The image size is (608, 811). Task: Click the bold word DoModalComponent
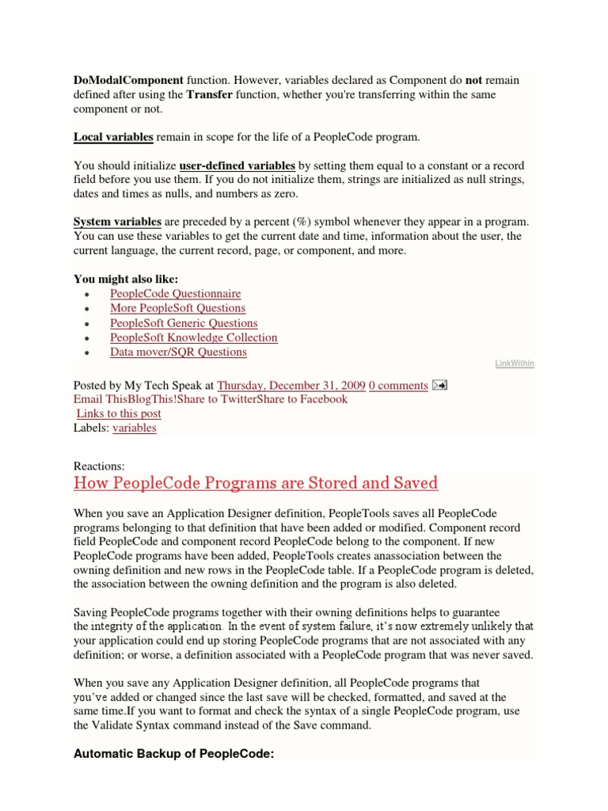click(x=128, y=80)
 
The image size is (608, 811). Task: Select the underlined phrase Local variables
click(x=113, y=137)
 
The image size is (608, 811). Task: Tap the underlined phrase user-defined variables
click(x=237, y=166)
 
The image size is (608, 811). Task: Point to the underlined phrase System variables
click(x=117, y=222)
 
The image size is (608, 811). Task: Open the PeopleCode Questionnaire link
click(x=176, y=293)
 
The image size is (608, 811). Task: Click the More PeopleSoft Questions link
click(x=178, y=308)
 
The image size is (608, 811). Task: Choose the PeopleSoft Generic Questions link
click(x=184, y=323)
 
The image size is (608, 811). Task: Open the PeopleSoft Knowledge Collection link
click(x=194, y=337)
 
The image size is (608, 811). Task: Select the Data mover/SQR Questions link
click(x=178, y=352)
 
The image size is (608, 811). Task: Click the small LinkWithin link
click(x=515, y=364)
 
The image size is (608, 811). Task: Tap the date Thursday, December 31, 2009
click(x=291, y=386)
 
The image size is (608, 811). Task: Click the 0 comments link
click(x=398, y=386)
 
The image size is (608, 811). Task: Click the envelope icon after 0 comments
click(x=441, y=386)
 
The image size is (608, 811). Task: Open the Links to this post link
click(x=119, y=413)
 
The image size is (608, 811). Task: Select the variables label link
click(x=135, y=428)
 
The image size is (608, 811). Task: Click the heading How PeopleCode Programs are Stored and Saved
click(x=255, y=482)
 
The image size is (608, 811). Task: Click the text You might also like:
click(x=126, y=279)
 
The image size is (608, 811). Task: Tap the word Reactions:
click(x=99, y=466)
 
